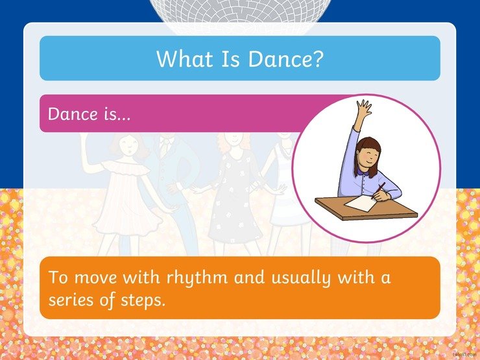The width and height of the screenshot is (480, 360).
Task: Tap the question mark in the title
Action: pyautogui.click(x=318, y=58)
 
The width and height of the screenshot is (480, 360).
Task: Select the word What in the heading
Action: pyautogui.click(x=185, y=58)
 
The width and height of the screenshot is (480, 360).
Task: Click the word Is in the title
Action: pyautogui.click(x=230, y=58)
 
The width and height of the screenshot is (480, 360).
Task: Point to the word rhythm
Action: pyautogui.click(x=197, y=278)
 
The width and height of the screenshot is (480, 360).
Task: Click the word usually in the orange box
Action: pyautogui.click(x=302, y=278)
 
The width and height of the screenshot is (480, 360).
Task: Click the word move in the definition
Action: pyautogui.click(x=96, y=278)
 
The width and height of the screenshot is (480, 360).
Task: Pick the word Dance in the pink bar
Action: pyautogui.click(x=73, y=114)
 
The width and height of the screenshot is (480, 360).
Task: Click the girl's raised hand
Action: pyautogui.click(x=364, y=108)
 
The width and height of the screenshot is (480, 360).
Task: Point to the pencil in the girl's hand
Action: pyautogui.click(x=378, y=191)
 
